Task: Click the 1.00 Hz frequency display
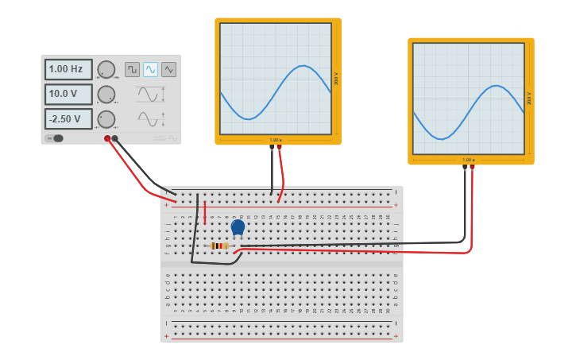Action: pyautogui.click(x=68, y=70)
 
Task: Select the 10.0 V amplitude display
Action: pyautogui.click(x=68, y=95)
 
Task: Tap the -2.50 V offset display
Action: pyautogui.click(x=68, y=119)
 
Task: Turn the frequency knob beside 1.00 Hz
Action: pyautogui.click(x=106, y=70)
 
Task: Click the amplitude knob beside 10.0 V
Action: pyautogui.click(x=106, y=95)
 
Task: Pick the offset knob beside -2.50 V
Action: pyautogui.click(x=106, y=119)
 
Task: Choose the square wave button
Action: pyautogui.click(x=132, y=69)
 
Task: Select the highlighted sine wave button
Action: pyautogui.click(x=150, y=69)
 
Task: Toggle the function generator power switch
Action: pyautogui.click(x=54, y=138)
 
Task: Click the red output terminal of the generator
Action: pyautogui.click(x=107, y=138)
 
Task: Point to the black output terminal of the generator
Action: pyautogui.click(x=115, y=138)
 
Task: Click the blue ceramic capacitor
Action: pyautogui.click(x=238, y=227)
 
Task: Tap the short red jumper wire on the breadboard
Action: pyautogui.click(x=205, y=211)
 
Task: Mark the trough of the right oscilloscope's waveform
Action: pyautogui.click(x=442, y=138)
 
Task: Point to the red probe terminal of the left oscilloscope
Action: pyautogui.click(x=279, y=146)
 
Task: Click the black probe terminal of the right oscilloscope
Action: pyautogui.click(x=465, y=167)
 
